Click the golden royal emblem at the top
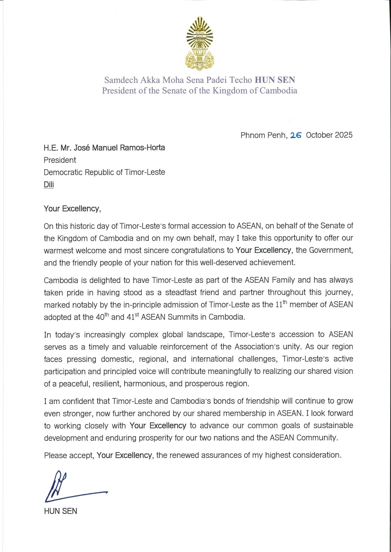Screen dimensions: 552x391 [199, 43]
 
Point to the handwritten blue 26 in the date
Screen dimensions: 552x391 [296, 135]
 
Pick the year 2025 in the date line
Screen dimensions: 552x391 [344, 135]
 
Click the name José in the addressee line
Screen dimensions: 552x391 [82, 148]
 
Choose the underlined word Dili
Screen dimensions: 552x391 [49, 184]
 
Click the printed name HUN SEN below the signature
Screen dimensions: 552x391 [60, 511]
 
